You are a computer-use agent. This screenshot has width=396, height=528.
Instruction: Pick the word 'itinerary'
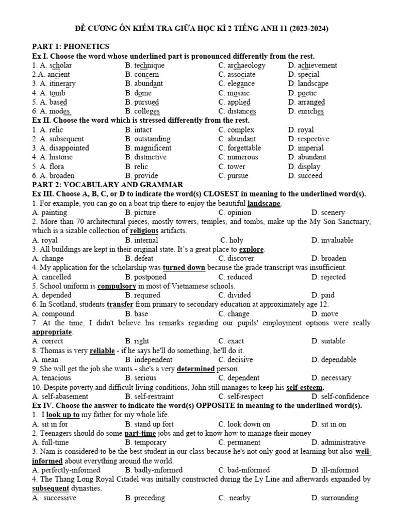click(62, 84)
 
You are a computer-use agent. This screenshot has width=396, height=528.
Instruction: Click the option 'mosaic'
click(238, 93)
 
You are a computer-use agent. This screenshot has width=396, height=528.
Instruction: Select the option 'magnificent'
click(153, 148)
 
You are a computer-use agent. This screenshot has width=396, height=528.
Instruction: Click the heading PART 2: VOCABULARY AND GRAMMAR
click(107, 185)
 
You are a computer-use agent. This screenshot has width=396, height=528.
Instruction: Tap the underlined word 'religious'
click(144, 230)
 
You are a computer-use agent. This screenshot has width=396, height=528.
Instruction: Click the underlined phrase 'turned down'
click(184, 268)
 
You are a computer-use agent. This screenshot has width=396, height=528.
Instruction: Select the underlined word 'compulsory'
click(117, 286)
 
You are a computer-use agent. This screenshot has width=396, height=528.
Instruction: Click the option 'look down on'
click(249, 424)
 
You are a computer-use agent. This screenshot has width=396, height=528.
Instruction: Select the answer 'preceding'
click(150, 498)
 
